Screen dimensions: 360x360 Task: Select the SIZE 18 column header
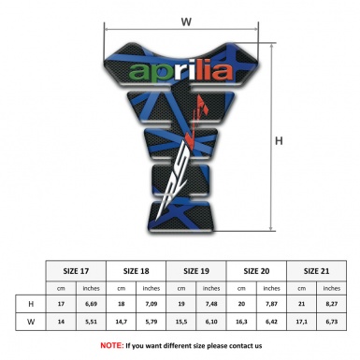point(137,268)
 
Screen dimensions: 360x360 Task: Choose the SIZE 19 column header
point(197,268)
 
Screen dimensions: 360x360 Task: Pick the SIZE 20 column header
point(257,268)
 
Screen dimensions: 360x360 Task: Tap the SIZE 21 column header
point(316,268)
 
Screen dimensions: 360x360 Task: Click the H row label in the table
point(33,305)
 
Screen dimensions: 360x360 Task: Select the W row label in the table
point(33,323)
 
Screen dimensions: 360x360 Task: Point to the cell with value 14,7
point(122,323)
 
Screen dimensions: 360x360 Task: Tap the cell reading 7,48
point(212,305)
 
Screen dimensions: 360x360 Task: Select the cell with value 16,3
point(242,323)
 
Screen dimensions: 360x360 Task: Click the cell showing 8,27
point(332,305)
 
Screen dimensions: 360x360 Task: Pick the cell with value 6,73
point(332,323)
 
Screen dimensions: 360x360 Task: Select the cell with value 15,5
point(182,323)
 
